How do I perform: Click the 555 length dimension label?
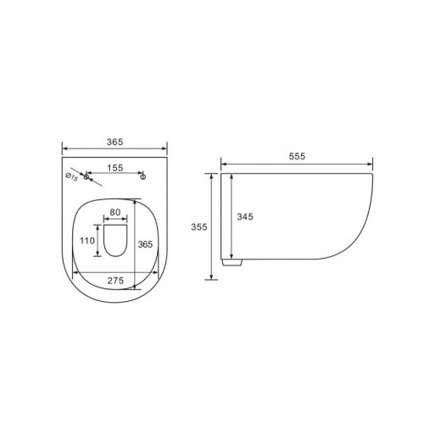pos(297,156)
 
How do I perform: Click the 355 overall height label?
pos(199,227)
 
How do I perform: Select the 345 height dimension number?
pos(245,217)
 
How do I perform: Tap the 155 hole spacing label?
pos(115,168)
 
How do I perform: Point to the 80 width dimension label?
pos(115,212)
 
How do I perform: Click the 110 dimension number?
pos(87,241)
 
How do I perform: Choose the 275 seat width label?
pos(115,281)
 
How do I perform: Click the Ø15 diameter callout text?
pos(71,177)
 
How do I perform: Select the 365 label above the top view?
pos(114,142)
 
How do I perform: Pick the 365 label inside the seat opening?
pos(145,244)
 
